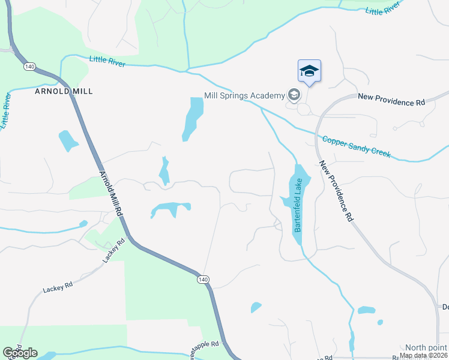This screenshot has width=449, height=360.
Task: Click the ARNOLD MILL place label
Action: pos(59,91)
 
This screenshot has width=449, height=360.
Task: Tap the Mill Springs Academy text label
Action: pos(244,95)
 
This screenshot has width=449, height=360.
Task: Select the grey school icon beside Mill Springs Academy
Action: pos(294,95)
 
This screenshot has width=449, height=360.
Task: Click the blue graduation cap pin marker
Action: pos(309,71)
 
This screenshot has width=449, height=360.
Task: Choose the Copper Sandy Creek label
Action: pos(356,146)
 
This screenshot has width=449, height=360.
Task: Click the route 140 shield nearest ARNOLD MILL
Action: pos(29,66)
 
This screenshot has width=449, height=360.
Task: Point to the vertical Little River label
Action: pos(7,110)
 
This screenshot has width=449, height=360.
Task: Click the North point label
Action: pos(425,347)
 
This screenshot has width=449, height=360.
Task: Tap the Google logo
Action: pos(20,353)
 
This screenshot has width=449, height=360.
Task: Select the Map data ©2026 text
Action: pos(424,355)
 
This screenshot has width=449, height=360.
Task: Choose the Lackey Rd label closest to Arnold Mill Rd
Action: pos(113,250)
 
